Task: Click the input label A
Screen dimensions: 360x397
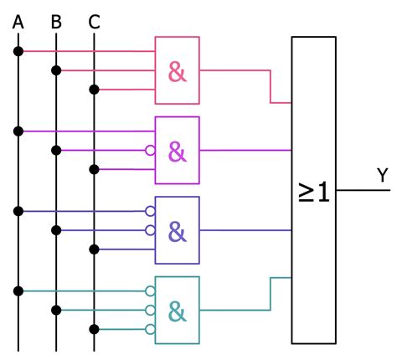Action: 18,21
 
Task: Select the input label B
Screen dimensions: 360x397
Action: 56,21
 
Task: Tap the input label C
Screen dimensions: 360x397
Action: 94,21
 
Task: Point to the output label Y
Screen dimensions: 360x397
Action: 382,175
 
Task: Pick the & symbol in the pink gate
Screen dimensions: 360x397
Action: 178,72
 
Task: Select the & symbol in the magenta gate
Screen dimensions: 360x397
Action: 178,152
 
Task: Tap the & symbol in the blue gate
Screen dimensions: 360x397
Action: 178,230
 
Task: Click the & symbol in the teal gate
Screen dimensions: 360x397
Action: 178,311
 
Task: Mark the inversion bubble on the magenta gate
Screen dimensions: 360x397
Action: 151,151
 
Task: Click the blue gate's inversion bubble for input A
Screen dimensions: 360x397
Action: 151,211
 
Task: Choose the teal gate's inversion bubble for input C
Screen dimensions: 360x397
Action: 151,329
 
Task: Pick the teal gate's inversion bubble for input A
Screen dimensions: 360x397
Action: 151,291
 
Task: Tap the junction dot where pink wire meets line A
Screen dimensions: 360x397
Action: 18,51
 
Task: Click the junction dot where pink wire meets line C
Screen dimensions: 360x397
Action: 94,90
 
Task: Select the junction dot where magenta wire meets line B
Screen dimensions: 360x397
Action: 56,151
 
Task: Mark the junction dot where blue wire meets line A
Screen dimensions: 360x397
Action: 18,211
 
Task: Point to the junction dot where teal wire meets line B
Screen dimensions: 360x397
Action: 56,310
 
